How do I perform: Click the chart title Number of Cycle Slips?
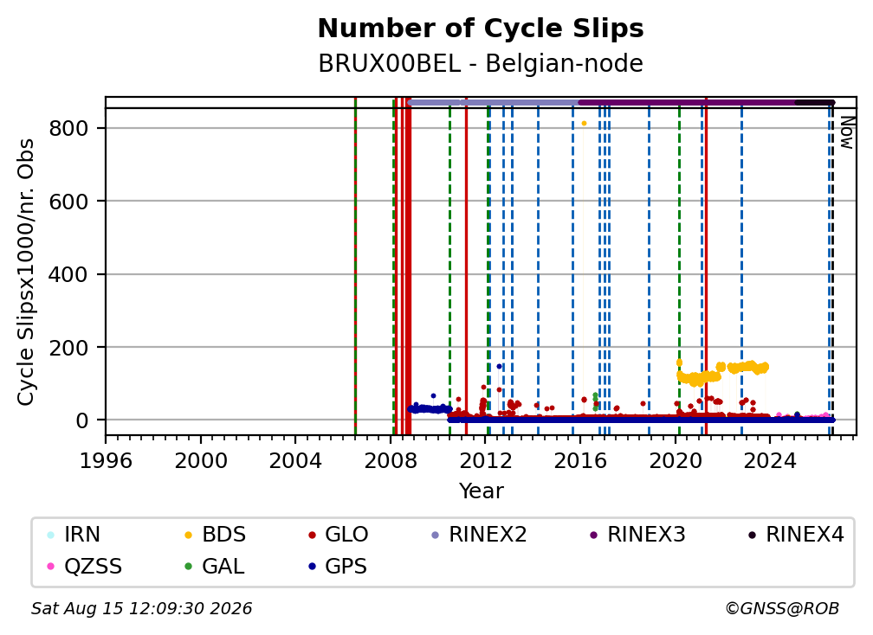(x=481, y=29)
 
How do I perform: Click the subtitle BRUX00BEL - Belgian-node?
(x=481, y=63)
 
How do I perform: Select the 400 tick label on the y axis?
(x=68, y=274)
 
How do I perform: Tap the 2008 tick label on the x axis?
(x=391, y=460)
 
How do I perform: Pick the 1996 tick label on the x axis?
(x=106, y=460)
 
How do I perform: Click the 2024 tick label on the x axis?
(x=770, y=460)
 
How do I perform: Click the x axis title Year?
(x=481, y=491)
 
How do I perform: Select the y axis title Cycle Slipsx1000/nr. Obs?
(x=26, y=272)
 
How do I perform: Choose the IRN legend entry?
(x=74, y=535)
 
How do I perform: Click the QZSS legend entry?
(x=84, y=567)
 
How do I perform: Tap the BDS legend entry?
(x=215, y=535)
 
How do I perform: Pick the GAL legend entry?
(x=215, y=567)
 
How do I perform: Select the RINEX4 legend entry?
(x=796, y=535)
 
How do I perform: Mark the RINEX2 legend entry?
(x=479, y=535)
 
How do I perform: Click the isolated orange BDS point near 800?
(x=584, y=124)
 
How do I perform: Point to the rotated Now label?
(x=846, y=132)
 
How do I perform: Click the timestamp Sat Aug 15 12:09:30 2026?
(x=141, y=608)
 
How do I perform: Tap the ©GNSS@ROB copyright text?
(x=782, y=608)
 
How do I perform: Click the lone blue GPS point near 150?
(x=499, y=367)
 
